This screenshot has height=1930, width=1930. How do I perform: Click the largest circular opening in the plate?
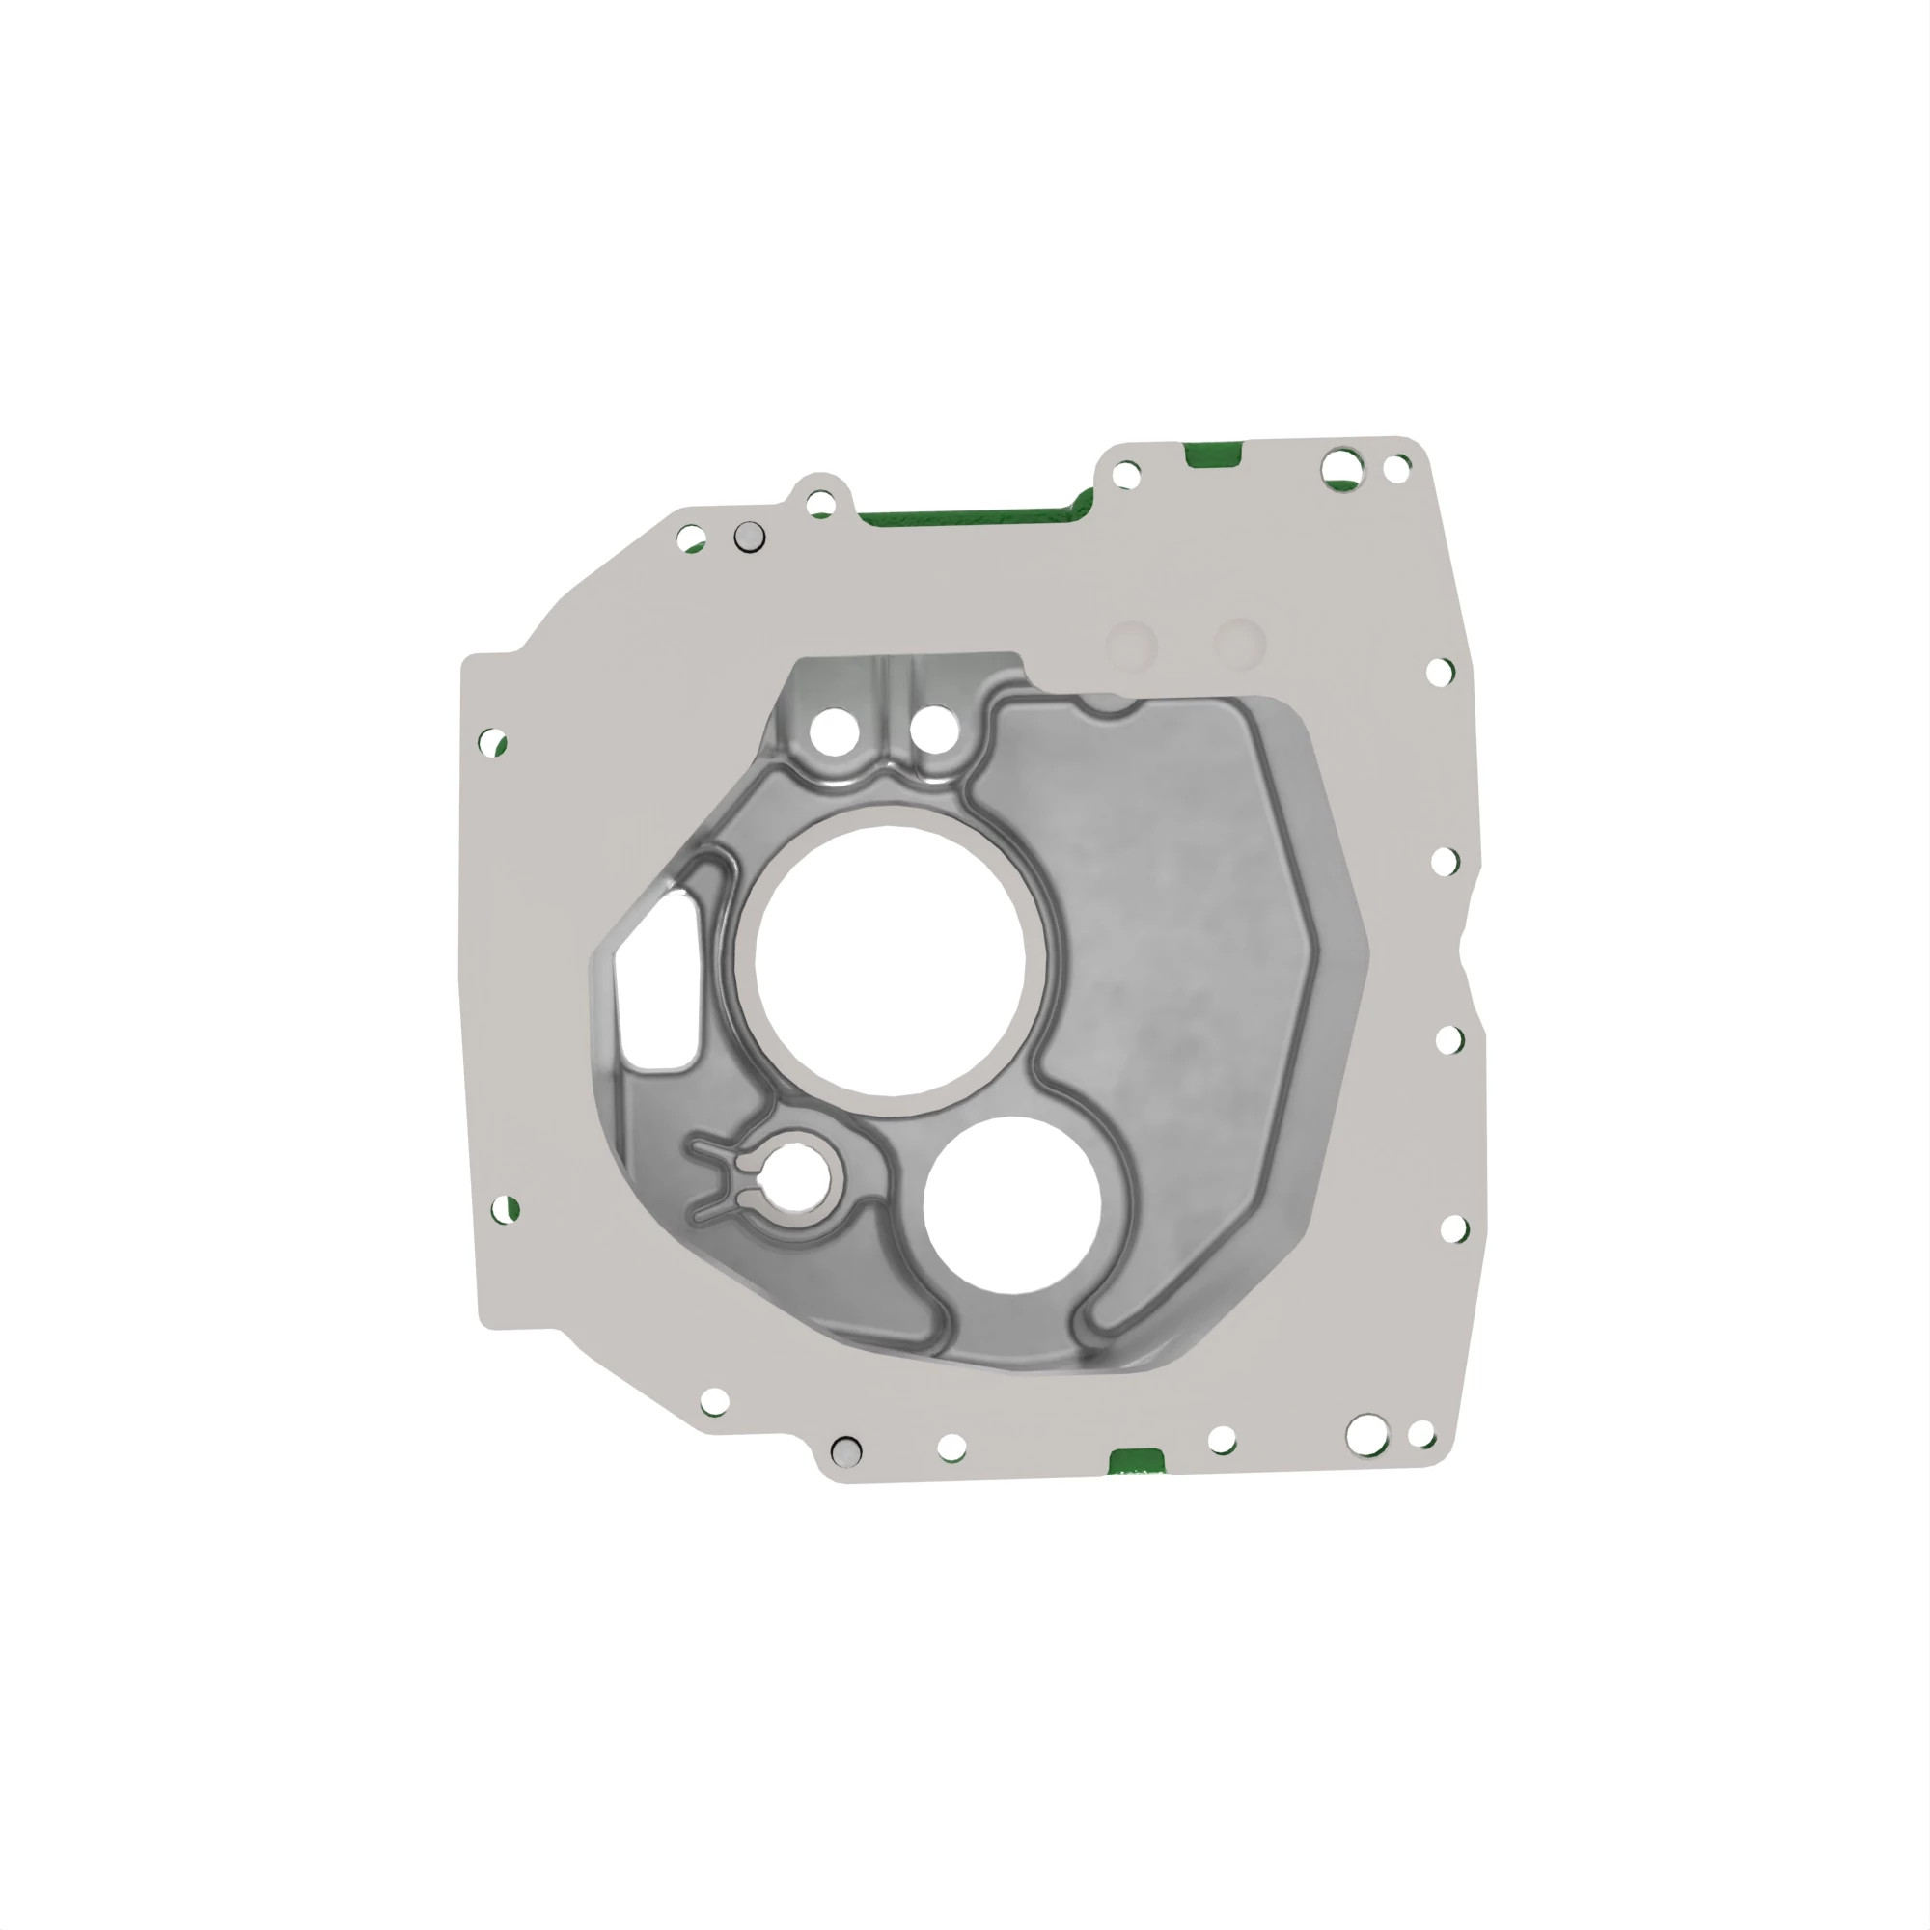click(x=889, y=960)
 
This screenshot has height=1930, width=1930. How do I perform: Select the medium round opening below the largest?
click(x=1011, y=1204)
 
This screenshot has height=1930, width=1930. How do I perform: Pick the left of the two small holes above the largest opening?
click(x=834, y=731)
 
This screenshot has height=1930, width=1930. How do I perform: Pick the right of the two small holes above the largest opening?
click(x=935, y=731)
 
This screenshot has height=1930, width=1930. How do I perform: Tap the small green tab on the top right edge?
click(x=1213, y=455)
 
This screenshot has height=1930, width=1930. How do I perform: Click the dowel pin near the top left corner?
click(x=749, y=538)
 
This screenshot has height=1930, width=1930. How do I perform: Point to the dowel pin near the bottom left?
click(x=846, y=1450)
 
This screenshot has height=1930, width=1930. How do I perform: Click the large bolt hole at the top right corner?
click(x=1341, y=466)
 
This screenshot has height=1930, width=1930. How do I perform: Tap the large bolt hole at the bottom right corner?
click(x=1367, y=1435)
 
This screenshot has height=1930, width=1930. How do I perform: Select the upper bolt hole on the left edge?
click(x=492, y=742)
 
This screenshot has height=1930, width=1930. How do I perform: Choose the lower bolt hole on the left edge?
click(x=506, y=1209)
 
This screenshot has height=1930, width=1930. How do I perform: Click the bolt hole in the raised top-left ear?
click(x=820, y=503)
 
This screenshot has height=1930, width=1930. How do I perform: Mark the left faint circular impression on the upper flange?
click(x=1132, y=644)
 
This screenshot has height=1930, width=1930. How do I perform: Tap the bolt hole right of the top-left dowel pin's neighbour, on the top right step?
click(x=1126, y=475)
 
